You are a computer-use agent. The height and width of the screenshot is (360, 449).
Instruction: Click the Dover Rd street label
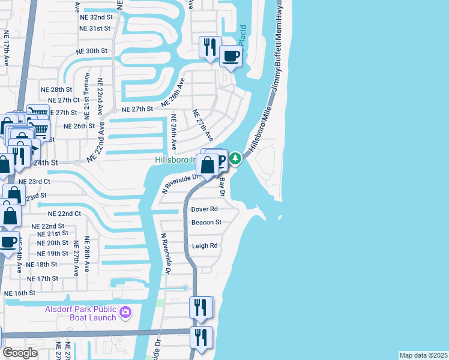(204, 209)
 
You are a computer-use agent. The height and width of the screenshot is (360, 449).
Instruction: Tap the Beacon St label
(206, 223)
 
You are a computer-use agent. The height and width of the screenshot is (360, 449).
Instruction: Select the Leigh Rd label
(204, 246)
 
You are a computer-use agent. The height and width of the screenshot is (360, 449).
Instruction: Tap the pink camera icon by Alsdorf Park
(125, 311)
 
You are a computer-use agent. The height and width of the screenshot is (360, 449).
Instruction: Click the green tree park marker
(237, 158)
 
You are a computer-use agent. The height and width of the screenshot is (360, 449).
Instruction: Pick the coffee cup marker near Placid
(231, 57)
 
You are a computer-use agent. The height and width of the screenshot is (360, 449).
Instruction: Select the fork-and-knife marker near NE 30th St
(210, 47)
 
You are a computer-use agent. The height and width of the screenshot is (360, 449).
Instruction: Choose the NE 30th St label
(92, 51)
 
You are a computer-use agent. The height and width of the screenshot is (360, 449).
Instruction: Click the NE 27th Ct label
(64, 100)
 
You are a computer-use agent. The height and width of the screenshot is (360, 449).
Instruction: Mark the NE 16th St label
(20, 293)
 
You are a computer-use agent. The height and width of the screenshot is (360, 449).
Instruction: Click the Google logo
(20, 352)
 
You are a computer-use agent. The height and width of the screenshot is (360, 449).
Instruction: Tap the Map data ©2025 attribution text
(424, 355)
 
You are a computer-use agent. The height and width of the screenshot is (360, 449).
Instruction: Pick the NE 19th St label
(53, 253)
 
